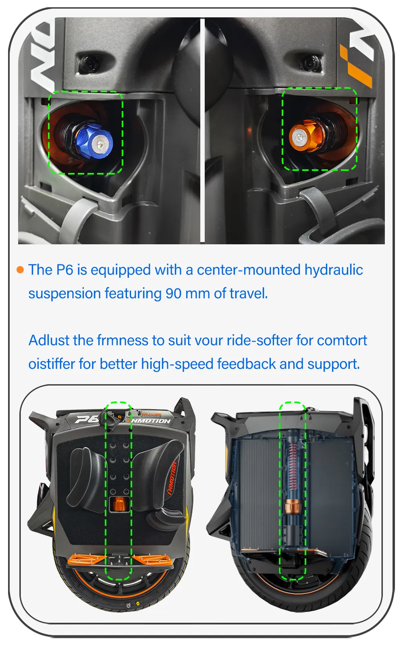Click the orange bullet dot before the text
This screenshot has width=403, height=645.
pos(20,270)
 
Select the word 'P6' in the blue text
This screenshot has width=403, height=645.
pos(65,270)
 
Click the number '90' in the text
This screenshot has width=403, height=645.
pos(174,294)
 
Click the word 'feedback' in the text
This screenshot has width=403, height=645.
pos(246,364)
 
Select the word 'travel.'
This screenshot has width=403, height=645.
pos(249,294)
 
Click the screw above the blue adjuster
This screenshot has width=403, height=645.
pos(86,62)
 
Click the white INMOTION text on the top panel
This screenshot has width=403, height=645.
pos(150,421)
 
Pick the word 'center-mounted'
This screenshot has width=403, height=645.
pos(249,270)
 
